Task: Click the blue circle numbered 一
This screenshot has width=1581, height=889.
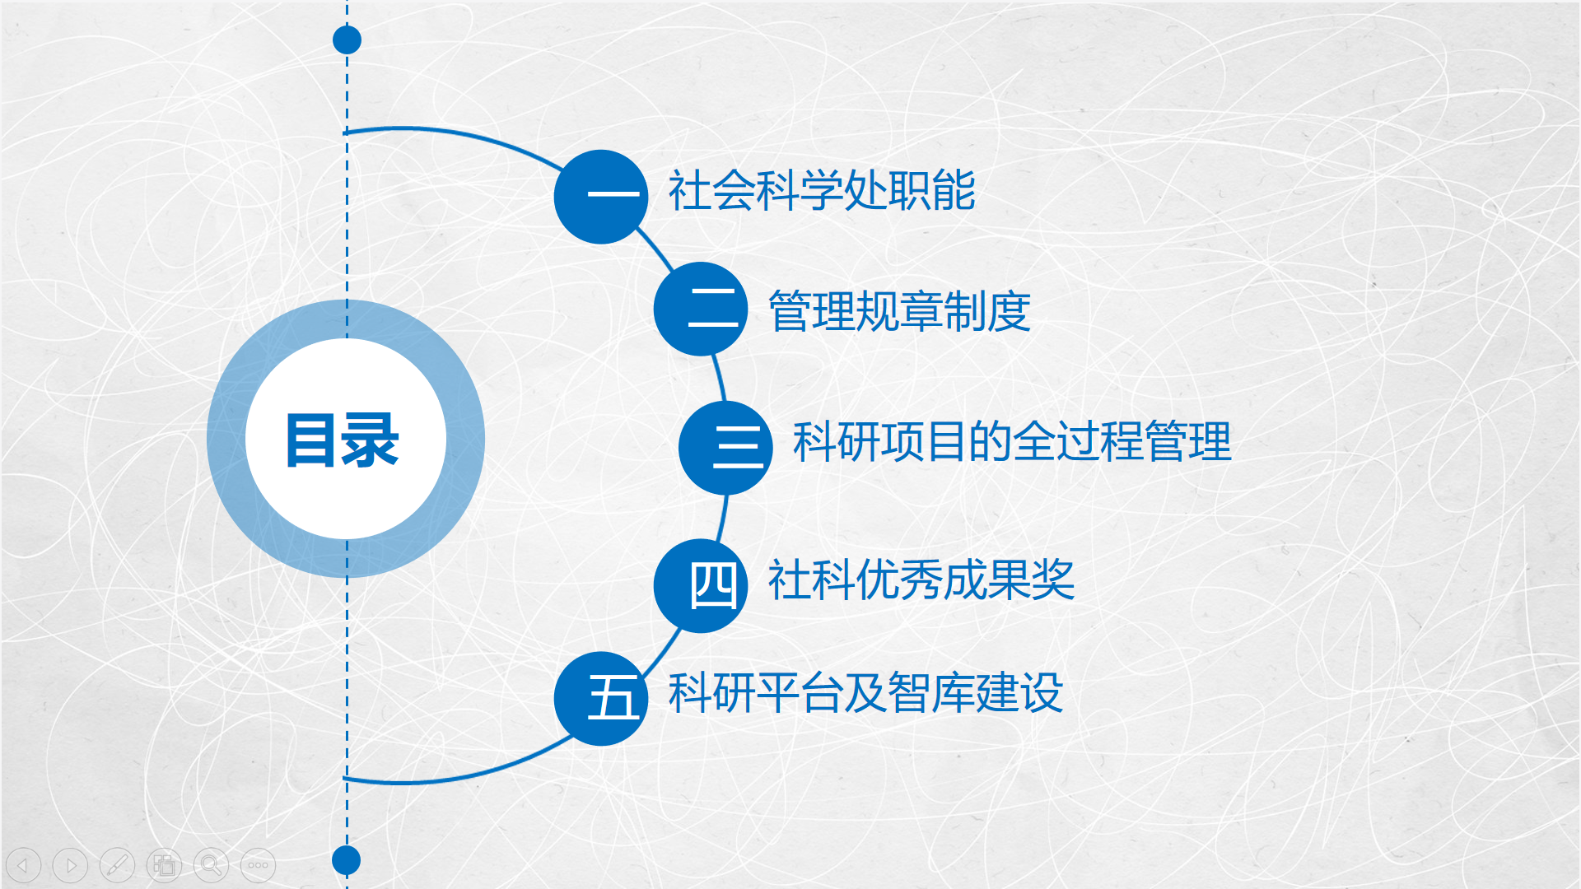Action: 601,197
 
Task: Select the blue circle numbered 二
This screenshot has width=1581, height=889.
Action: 701,309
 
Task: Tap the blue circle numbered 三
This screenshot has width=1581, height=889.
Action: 726,448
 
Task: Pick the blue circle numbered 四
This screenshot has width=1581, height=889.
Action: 701,586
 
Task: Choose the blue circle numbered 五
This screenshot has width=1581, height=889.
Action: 601,699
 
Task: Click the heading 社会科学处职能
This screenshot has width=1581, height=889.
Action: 822,191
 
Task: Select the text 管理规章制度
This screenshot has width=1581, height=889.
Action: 899,311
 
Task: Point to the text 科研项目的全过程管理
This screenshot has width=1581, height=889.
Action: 1012,441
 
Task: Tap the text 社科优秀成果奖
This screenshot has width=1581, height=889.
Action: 921,579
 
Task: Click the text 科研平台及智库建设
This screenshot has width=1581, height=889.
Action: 865,692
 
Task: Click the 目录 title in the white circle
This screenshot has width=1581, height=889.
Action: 343,440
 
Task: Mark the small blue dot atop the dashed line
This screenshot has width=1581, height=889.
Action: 347,40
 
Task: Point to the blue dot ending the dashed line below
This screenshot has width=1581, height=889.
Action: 347,860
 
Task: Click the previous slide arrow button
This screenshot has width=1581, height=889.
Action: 23,865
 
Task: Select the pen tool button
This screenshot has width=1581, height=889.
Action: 117,865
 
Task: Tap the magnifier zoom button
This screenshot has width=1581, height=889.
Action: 211,865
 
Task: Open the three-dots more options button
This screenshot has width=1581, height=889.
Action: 258,865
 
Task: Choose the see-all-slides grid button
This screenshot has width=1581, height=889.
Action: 164,865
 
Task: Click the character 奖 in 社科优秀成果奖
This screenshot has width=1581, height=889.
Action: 1053,579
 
